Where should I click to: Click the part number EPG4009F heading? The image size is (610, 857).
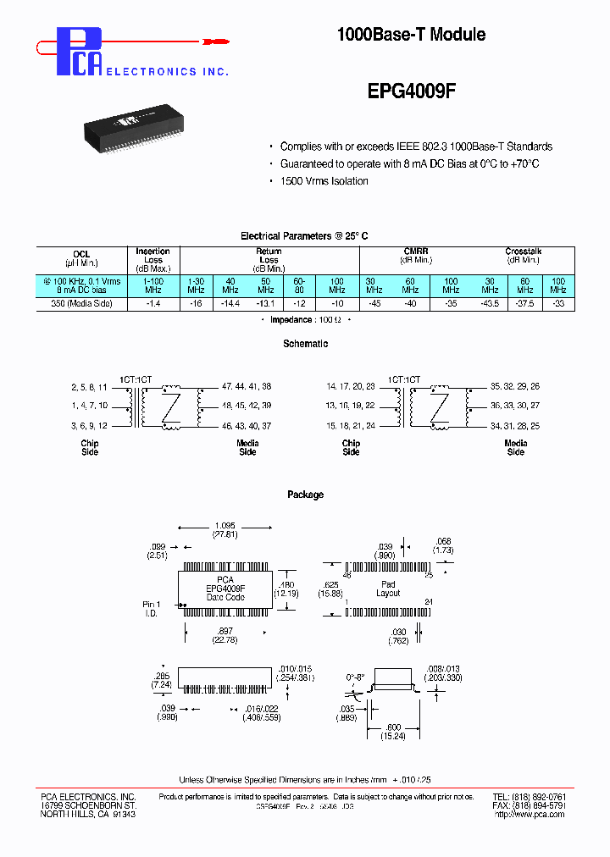[x=412, y=96]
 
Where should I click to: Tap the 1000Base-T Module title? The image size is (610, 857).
[x=411, y=35]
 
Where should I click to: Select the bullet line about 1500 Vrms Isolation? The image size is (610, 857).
[x=324, y=181]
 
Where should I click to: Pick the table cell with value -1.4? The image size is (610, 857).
[x=153, y=303]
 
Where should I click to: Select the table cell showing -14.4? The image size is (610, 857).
[x=230, y=303]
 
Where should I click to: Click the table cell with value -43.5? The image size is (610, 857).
[x=489, y=303]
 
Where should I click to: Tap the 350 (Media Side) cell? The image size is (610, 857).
[x=81, y=303]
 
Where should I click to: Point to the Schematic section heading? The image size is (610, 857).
[x=305, y=344]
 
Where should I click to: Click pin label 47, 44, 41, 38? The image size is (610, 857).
[x=247, y=386]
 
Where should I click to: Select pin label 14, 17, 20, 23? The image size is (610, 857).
[x=351, y=386]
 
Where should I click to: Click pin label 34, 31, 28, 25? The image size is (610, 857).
[x=515, y=425]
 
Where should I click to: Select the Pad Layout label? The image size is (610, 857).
[x=388, y=589]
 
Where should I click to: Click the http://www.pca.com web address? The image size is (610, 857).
[x=530, y=815]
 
